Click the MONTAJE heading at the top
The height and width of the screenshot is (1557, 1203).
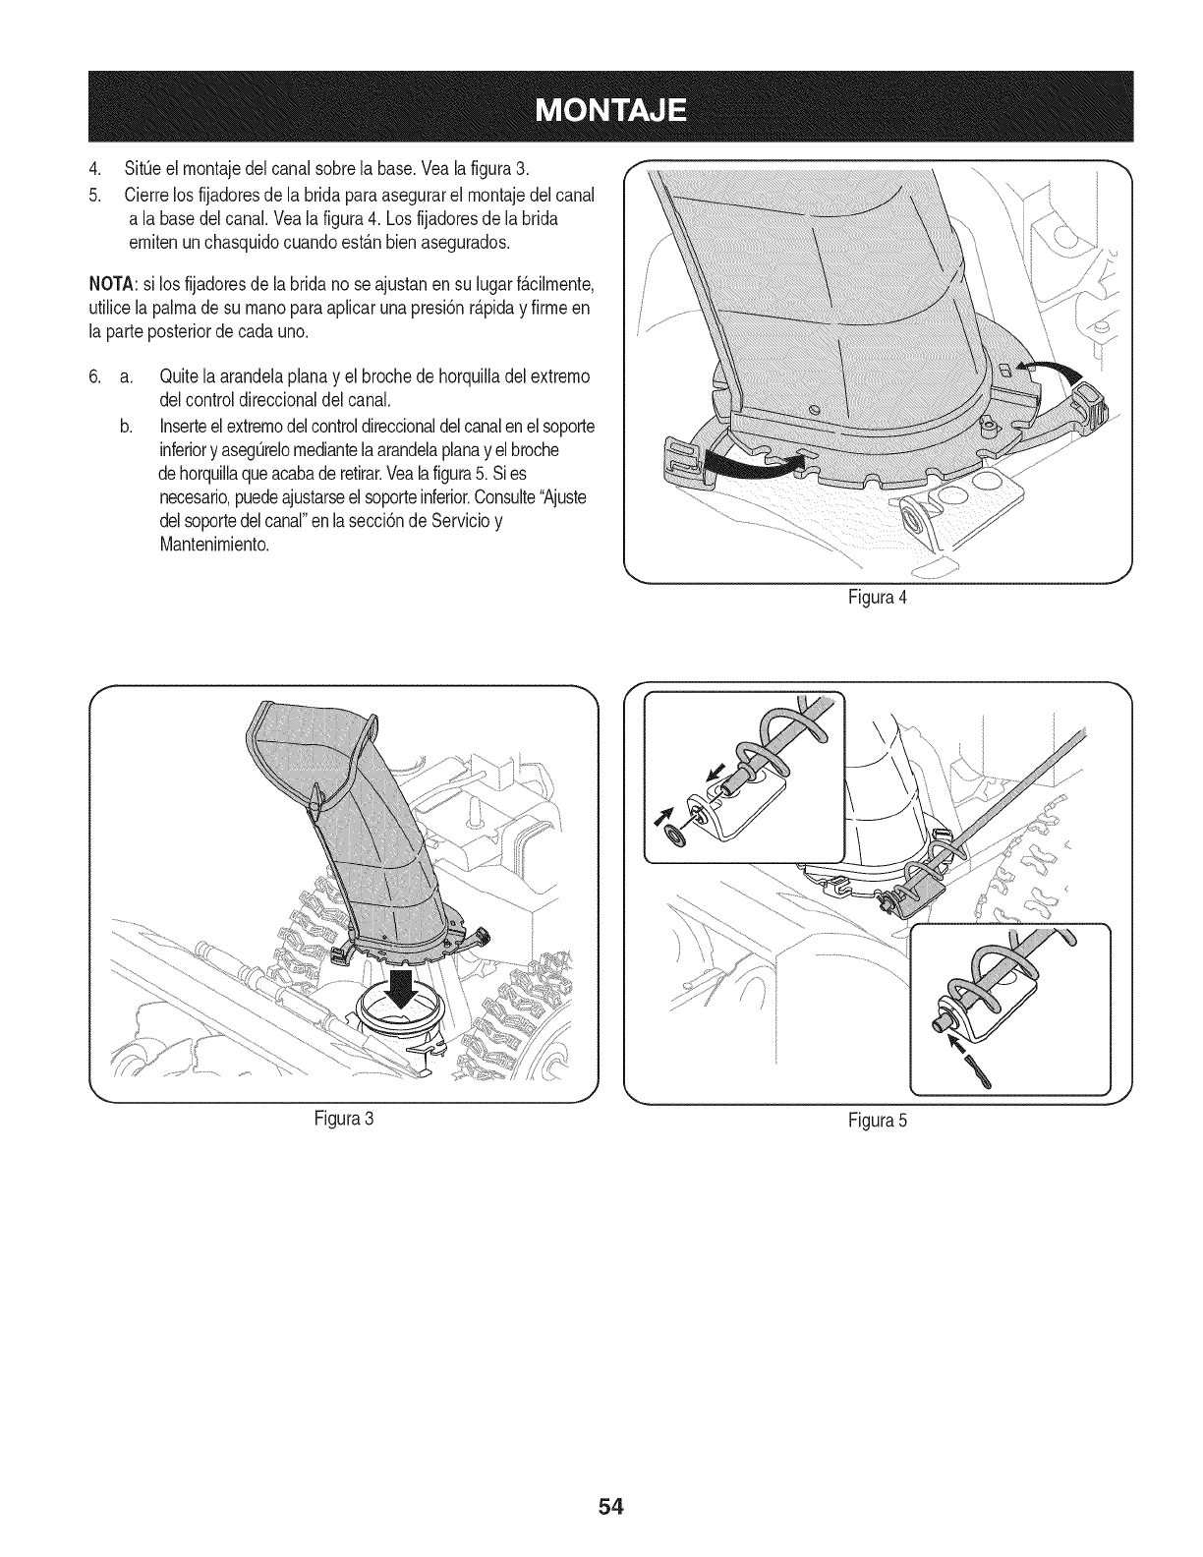[601, 108]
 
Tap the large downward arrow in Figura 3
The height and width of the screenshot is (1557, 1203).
[402, 996]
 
